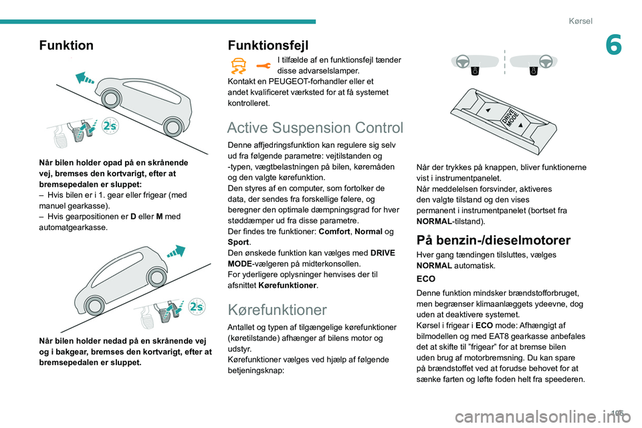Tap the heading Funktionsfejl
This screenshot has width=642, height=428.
tap(268, 45)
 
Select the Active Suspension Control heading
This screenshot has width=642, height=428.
tap(315, 128)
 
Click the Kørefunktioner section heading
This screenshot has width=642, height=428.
tap(277, 310)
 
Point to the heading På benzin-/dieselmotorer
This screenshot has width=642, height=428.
tap(493, 240)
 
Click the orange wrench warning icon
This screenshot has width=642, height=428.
tap(264, 64)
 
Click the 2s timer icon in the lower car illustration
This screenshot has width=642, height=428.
tap(197, 306)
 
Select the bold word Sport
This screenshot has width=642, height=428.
tap(238, 241)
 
